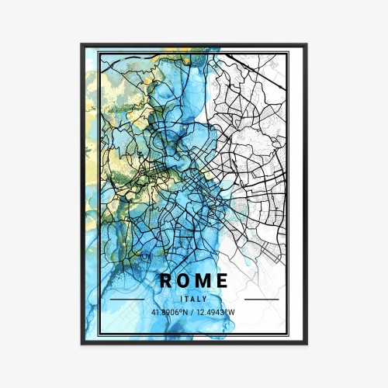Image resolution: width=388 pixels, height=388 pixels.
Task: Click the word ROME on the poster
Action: click(194, 280)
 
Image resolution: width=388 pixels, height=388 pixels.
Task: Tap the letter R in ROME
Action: click(166, 280)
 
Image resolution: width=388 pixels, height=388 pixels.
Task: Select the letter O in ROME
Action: click(184, 280)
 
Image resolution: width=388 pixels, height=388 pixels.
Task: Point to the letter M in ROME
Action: click(203, 280)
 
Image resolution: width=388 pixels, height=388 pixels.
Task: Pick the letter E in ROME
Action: click(222, 280)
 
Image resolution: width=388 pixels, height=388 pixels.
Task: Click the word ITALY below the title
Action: click(194, 299)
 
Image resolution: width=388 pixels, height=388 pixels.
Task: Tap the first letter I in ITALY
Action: click(181, 299)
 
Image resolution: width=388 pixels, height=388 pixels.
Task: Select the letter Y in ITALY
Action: click(206, 299)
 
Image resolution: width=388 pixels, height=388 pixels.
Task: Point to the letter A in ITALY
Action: click(194, 299)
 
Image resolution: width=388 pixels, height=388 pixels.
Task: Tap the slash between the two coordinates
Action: click(194, 313)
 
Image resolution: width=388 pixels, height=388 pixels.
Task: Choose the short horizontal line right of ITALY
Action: click(261, 299)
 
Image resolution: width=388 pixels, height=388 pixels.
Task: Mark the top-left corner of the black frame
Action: click(81, 45)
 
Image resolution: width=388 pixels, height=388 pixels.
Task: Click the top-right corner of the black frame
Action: click(307, 45)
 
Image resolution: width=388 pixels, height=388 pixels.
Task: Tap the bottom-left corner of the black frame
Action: click(81, 343)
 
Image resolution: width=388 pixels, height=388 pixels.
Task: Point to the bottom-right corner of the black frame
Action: click(307, 343)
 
